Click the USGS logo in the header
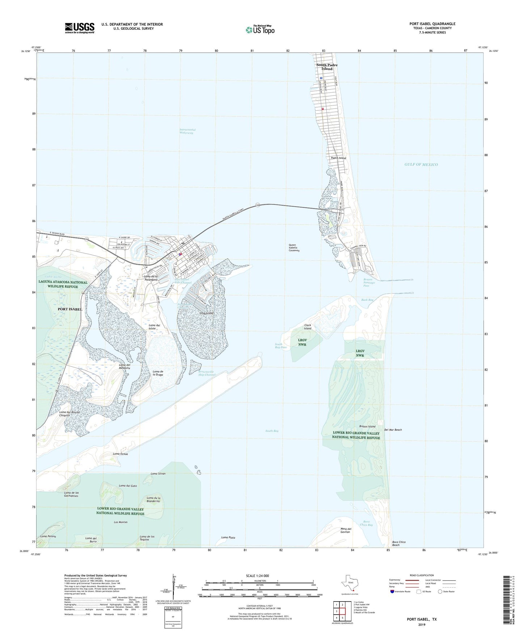pos(80,28)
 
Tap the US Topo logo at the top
pos(260,30)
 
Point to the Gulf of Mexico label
pos(421,165)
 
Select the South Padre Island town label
pos(327,67)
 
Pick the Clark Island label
pos(308,327)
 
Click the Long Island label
pos(206,313)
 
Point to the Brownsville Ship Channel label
pos(207,373)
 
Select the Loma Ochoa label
pos(121,454)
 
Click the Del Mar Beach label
pos(393,430)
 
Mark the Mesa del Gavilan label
pos(346,530)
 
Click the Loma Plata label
pos(228,538)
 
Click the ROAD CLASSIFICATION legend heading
pos(422,575)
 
